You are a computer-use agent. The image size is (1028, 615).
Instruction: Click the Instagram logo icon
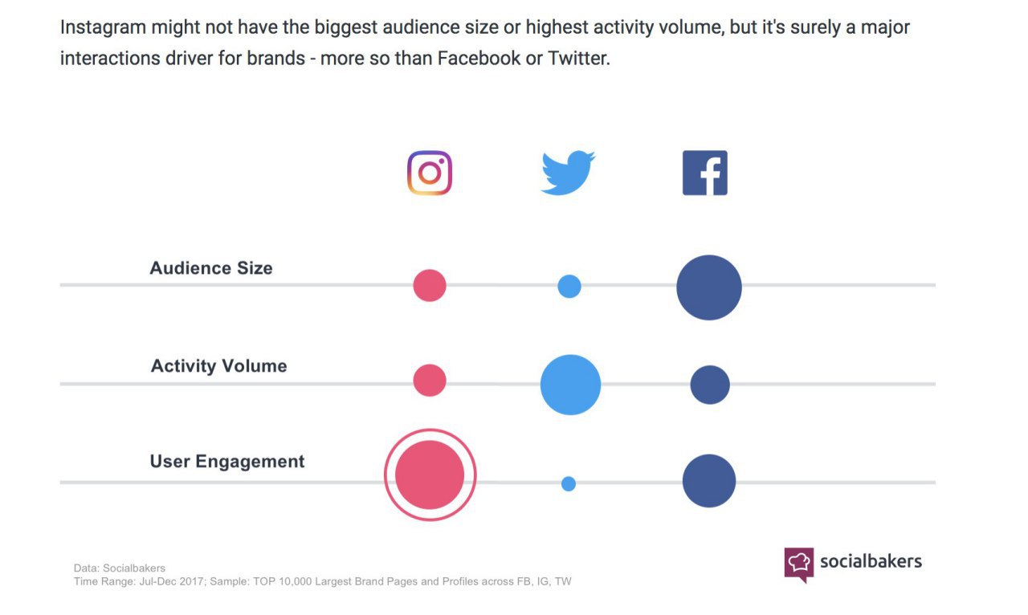point(430,173)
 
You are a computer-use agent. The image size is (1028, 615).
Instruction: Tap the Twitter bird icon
point(568,173)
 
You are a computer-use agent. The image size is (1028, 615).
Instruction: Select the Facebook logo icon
point(705,173)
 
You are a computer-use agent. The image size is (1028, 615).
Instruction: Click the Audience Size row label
point(211,268)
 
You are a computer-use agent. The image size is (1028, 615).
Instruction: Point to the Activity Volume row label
point(218,366)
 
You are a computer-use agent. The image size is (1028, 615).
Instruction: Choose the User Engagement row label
point(227,462)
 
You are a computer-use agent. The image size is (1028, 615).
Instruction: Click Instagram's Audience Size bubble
point(430,285)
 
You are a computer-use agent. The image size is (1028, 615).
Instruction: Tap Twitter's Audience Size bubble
point(569,286)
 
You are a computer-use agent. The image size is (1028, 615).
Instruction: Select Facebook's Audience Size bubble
point(709,287)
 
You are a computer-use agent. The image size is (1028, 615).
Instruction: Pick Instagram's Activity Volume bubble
point(430,381)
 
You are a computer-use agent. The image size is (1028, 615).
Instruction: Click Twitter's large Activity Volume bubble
point(570,385)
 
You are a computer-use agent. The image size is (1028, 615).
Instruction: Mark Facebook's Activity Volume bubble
point(710,385)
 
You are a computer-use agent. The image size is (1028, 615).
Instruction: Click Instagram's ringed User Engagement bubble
point(430,474)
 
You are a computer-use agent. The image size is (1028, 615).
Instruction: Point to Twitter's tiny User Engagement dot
point(569,483)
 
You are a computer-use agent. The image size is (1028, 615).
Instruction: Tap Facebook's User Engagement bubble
point(709,481)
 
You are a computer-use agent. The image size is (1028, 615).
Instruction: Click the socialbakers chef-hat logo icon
point(799,563)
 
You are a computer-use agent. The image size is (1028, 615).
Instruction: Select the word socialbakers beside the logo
point(871,561)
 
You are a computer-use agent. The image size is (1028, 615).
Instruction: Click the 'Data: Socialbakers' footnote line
point(119,568)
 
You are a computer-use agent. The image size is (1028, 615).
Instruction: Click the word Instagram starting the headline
point(100,28)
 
